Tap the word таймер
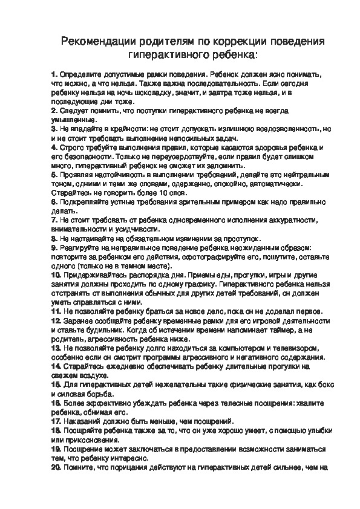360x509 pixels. point(272,331)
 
